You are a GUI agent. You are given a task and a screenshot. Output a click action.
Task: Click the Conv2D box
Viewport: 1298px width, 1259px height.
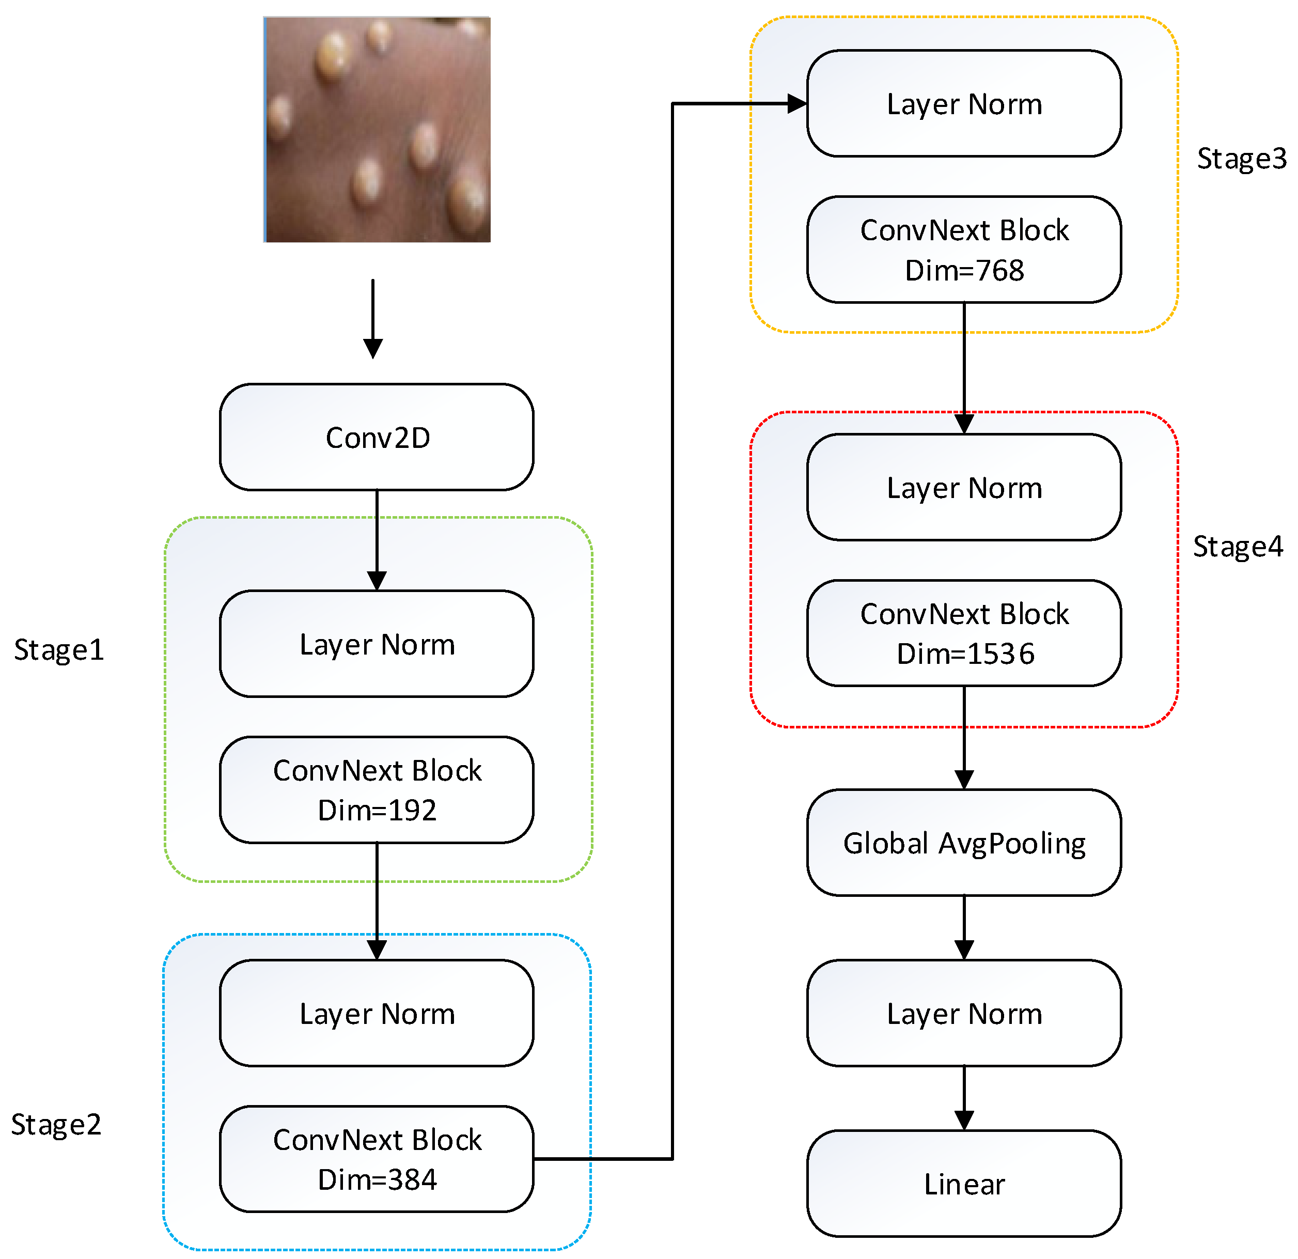click(x=377, y=437)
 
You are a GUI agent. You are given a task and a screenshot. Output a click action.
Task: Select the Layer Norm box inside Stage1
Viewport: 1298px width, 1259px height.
click(x=377, y=644)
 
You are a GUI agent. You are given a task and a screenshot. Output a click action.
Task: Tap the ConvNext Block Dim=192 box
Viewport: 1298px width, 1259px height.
click(x=377, y=789)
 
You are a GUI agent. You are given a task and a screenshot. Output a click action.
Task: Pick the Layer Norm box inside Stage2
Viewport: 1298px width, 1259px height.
click(x=377, y=1013)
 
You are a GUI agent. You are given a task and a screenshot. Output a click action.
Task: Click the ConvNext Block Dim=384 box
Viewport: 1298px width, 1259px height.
click(x=377, y=1159)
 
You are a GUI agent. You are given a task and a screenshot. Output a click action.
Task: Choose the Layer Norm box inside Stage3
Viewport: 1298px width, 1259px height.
click(x=964, y=103)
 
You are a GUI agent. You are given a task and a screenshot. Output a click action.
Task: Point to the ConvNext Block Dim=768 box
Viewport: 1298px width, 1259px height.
click(x=964, y=250)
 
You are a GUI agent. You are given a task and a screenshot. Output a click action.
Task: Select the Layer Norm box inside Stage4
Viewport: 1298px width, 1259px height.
click(x=964, y=488)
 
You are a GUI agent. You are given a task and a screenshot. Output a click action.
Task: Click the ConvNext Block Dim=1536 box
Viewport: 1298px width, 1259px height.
click(x=964, y=633)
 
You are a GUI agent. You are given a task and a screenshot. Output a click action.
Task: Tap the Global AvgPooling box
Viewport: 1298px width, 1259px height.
click(x=964, y=843)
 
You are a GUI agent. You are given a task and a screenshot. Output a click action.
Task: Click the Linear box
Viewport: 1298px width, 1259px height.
click(x=964, y=1184)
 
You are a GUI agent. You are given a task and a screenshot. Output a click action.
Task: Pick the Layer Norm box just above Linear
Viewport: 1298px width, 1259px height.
click(x=964, y=1013)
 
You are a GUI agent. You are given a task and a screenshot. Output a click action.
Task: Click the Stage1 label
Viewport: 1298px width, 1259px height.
click(x=59, y=650)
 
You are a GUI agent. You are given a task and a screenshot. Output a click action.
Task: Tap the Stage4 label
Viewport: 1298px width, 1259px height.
click(x=1238, y=547)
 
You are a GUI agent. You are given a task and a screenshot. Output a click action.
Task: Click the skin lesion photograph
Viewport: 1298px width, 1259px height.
click(x=377, y=130)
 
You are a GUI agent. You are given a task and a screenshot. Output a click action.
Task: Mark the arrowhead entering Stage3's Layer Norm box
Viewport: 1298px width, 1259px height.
click(x=797, y=103)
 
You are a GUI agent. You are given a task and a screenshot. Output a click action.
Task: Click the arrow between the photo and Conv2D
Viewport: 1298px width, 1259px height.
click(x=373, y=319)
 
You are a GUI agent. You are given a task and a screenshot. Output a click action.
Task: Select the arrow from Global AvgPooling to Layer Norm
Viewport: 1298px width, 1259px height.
click(x=964, y=928)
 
